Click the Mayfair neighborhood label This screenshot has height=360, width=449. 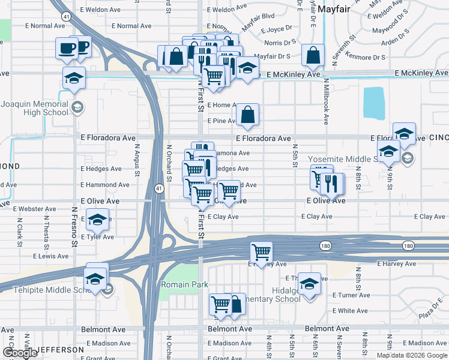[x=333, y=10]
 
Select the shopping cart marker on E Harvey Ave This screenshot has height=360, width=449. [x=261, y=252]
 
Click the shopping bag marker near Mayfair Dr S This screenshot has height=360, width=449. [x=313, y=56]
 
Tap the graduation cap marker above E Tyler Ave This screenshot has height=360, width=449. [x=97, y=220]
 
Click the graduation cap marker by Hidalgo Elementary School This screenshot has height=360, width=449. [x=309, y=283]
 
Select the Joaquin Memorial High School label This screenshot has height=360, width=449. [x=34, y=108]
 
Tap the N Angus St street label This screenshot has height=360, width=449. [x=137, y=160]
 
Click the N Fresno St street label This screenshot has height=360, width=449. [x=74, y=227]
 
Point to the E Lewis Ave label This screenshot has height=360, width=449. [x=51, y=256]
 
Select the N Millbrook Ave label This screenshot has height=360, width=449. [x=326, y=101]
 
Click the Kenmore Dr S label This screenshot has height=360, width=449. [x=367, y=57]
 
